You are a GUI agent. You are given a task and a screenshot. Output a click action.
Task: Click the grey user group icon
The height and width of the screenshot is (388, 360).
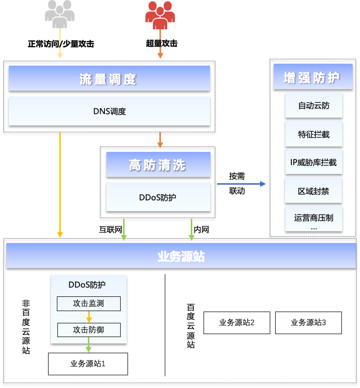tap(60, 14)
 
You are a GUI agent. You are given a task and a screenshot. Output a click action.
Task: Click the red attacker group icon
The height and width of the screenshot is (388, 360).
tap(160, 14)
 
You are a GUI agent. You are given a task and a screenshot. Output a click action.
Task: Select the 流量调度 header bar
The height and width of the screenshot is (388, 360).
tap(109, 78)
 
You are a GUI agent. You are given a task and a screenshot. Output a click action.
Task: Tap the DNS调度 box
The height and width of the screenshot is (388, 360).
tap(109, 111)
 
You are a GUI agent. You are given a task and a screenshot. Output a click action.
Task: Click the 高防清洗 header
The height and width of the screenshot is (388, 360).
tap(158, 165)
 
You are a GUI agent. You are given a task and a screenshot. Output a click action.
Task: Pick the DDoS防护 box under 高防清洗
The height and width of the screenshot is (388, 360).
tap(158, 197)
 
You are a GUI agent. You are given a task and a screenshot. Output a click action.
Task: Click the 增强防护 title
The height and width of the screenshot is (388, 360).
tap(313, 77)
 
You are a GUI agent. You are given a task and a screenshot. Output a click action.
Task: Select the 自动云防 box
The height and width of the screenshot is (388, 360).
tap(313, 105)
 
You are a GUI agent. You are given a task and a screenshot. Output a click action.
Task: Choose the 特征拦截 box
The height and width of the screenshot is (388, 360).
tap(313, 134)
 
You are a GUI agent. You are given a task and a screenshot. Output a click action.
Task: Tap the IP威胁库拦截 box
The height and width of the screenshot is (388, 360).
tap(313, 162)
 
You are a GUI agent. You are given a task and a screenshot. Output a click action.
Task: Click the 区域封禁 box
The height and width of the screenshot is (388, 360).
tap(313, 191)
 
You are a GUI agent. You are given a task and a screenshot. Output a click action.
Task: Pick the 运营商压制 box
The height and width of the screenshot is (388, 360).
tap(313, 218)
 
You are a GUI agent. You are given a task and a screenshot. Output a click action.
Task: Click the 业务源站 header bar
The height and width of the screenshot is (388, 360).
tap(181, 256)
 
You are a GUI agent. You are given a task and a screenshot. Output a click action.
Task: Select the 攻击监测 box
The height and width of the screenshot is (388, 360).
tap(89, 304)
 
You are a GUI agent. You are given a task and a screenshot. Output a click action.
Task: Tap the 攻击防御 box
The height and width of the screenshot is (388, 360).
tap(89, 330)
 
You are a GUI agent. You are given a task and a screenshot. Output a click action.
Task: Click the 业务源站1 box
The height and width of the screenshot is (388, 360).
tap(88, 364)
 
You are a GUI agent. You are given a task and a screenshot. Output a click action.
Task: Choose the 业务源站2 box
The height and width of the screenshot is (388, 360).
tap(237, 322)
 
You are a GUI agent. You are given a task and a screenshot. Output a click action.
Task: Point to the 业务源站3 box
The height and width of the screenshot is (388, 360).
tap(309, 322)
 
